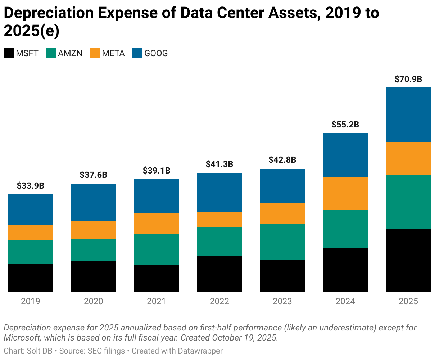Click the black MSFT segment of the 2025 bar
(408, 260)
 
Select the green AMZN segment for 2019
(31, 252)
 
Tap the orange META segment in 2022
(219, 220)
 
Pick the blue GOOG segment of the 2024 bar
(345, 155)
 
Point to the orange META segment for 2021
(157, 224)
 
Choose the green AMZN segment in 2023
(282, 242)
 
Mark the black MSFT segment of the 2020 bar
(93, 276)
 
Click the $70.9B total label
(408, 80)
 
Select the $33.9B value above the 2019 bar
(31, 186)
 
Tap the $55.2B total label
(345, 125)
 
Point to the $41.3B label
(219, 165)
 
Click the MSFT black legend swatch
(9, 54)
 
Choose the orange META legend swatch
(95, 54)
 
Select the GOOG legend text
(156, 54)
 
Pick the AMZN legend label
(70, 54)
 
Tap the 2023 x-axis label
(282, 301)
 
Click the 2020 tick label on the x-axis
(93, 301)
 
